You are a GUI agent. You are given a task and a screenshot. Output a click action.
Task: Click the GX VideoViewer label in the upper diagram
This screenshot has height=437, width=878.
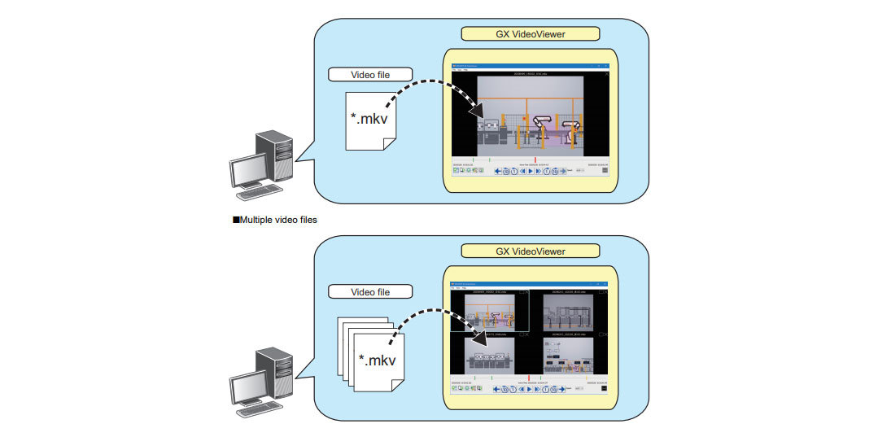point(530,34)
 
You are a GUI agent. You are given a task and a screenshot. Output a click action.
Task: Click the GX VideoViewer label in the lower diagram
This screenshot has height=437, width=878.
point(530,251)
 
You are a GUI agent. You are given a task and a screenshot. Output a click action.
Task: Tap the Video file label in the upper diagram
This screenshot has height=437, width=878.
point(370,75)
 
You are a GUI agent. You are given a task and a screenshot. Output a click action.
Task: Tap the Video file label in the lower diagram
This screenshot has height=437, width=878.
point(370,291)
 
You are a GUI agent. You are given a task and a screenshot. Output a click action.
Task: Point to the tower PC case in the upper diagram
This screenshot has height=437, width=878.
point(275,155)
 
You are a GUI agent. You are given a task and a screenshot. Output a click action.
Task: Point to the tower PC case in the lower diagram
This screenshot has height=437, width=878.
point(275,371)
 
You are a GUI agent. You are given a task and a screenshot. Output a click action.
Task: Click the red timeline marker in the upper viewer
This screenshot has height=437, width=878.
point(535,160)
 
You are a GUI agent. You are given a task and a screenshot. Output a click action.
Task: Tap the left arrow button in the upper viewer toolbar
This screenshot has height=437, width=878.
point(497,171)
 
